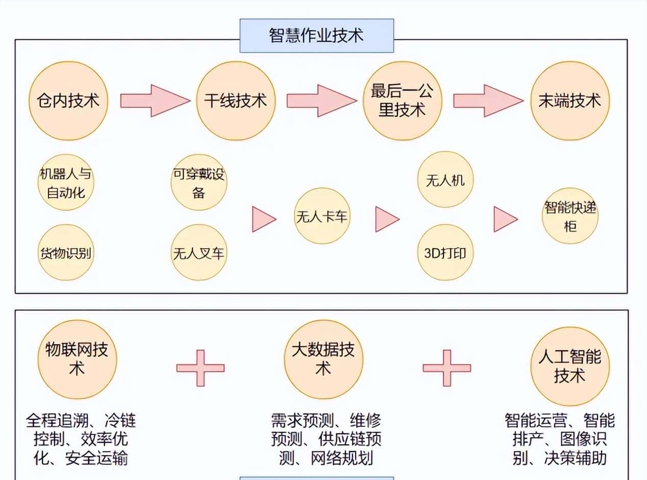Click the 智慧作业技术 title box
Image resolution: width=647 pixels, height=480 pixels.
coord(316,36)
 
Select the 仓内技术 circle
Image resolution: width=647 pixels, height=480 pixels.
coord(68,101)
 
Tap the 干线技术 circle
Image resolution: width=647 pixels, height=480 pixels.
coord(236,101)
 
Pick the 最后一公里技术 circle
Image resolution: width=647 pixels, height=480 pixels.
coord(402,101)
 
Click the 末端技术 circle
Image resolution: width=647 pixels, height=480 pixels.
coord(570,101)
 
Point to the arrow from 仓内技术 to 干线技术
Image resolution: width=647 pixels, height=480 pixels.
coord(155,101)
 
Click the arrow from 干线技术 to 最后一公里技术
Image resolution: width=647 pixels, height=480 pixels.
coord(321,101)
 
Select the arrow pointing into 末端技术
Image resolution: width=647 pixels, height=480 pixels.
coord(488,101)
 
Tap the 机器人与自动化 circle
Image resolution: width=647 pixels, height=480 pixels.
coord(66,182)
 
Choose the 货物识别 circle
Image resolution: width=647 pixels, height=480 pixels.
coord(66,252)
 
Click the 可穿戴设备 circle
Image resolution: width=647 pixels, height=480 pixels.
coord(198,182)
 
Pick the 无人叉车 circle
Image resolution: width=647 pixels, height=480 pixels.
coord(198,252)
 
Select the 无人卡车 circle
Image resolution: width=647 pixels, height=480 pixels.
coord(322,216)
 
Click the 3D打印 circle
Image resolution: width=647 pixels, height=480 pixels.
coord(445,252)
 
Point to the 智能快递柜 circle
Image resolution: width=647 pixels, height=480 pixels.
coord(570,216)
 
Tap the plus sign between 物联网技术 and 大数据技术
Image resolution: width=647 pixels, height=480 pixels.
coord(200,368)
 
